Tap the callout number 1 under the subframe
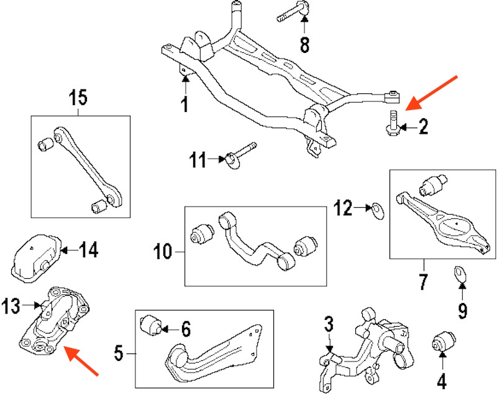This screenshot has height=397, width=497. click(x=184, y=105)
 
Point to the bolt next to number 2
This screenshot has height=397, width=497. click(x=392, y=122)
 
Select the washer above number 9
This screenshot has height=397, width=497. click(x=460, y=274)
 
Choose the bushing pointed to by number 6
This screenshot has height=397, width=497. click(x=151, y=325)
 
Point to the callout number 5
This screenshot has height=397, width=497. click(x=119, y=355)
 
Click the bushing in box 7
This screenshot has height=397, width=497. click(x=435, y=185)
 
